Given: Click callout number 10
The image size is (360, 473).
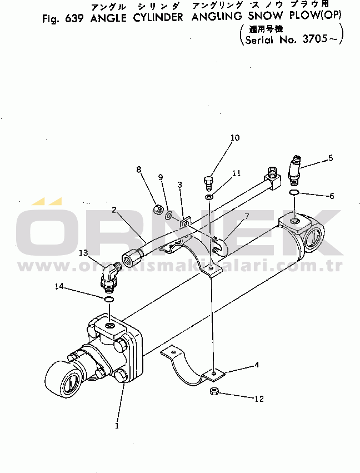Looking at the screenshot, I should pyautogui.click(x=235, y=137).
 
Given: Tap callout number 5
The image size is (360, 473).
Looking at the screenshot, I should pyautogui.click(x=331, y=158).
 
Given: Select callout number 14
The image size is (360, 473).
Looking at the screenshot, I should pyautogui.click(x=59, y=286).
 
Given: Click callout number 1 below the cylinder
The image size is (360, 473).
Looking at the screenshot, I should pyautogui.click(x=117, y=426).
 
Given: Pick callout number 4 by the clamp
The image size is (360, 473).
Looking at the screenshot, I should pyautogui.click(x=257, y=365).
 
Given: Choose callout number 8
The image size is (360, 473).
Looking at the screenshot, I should pyautogui.click(x=139, y=169).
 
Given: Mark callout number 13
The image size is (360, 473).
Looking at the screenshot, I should pyautogui.click(x=83, y=253).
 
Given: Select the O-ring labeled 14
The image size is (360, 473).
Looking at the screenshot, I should pyautogui.click(x=109, y=300).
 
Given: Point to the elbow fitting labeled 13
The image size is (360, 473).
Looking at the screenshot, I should pyautogui.click(x=111, y=276).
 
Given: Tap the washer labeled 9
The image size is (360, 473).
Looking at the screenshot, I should pyautogui.click(x=168, y=213).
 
